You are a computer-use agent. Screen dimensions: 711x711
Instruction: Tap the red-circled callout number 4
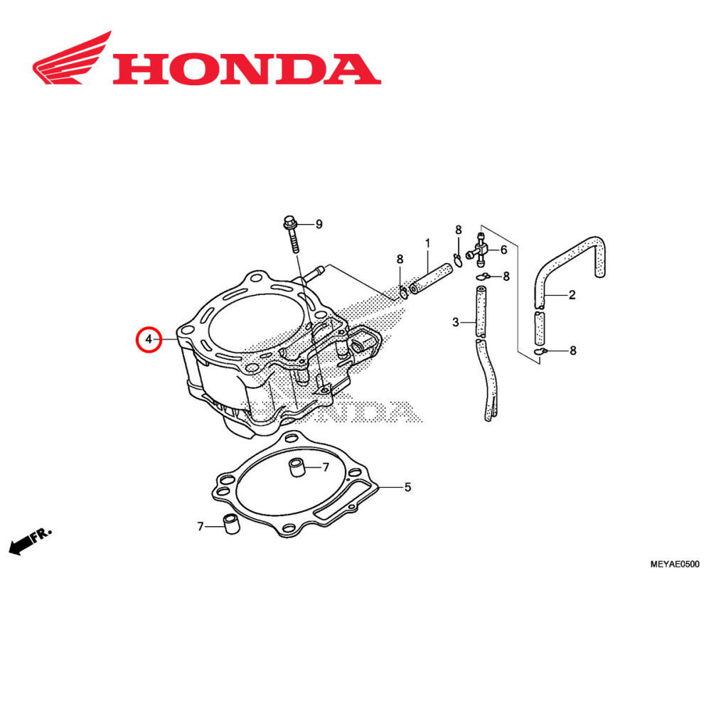click(x=149, y=340)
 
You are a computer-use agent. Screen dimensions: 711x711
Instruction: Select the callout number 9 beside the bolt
click(x=319, y=225)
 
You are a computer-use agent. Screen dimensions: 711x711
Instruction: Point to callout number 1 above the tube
click(x=428, y=243)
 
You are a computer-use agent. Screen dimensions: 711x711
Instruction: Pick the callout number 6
click(x=503, y=250)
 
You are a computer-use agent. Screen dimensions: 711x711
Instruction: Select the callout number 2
click(x=572, y=294)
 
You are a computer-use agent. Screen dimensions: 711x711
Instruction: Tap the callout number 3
click(x=456, y=323)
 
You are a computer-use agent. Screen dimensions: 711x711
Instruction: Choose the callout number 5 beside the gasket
click(x=407, y=488)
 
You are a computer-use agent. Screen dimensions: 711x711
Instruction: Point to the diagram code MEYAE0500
click(x=675, y=565)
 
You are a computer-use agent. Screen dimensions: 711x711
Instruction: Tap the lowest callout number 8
click(x=573, y=351)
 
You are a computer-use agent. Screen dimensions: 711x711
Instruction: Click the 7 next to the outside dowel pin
click(x=201, y=527)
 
